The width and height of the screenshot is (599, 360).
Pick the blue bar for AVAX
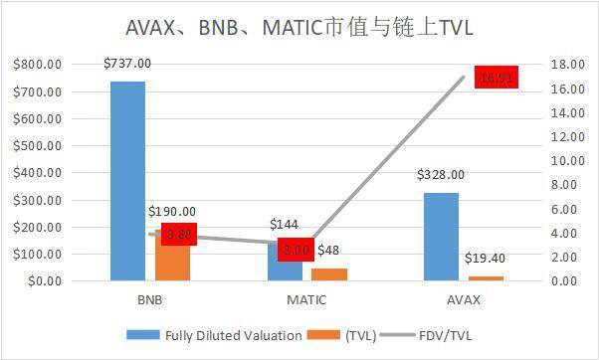441,237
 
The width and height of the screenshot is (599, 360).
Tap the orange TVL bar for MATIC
329,274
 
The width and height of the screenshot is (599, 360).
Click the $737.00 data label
126,64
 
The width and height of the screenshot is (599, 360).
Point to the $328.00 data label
441,175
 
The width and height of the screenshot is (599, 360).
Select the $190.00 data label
171,212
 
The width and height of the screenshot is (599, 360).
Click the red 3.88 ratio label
179,235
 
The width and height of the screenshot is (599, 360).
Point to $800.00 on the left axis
39,65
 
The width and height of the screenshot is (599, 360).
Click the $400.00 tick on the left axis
39,173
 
